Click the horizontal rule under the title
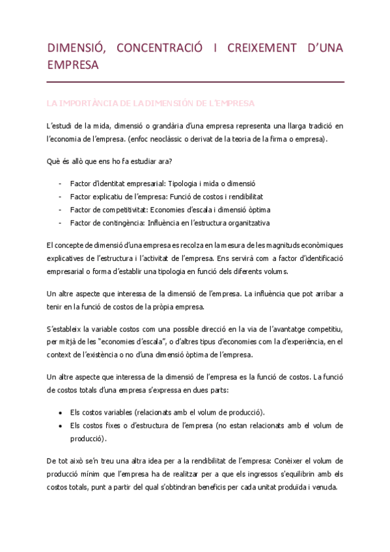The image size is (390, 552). pyautogui.click(x=195, y=82)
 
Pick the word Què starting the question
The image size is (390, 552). pyautogui.click(x=53, y=161)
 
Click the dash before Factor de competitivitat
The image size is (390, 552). pyautogui.click(x=61, y=210)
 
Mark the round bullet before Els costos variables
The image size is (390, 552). pyautogui.click(x=61, y=413)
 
